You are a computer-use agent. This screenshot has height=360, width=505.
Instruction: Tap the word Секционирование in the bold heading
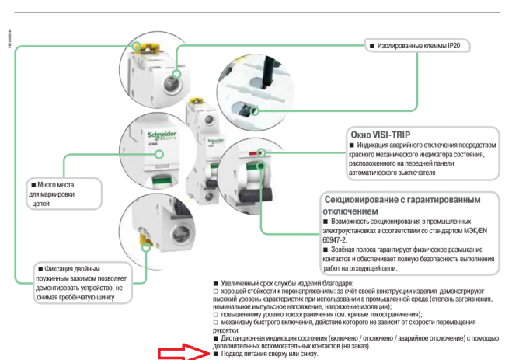369,200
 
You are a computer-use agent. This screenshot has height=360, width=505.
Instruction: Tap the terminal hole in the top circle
169,75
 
